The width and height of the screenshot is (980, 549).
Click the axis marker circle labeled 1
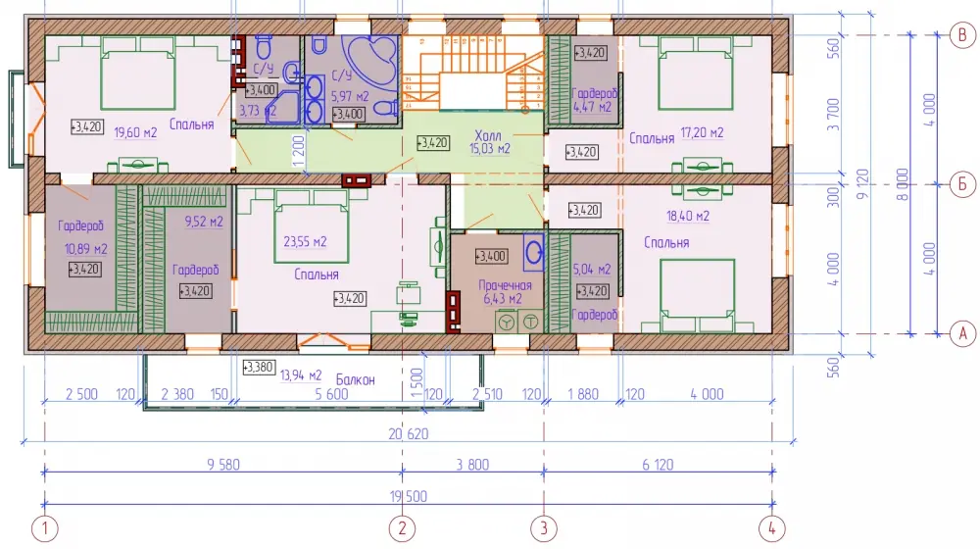click(x=44, y=528)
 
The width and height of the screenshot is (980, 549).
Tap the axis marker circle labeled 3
click(x=543, y=528)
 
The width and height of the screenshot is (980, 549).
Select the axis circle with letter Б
click(x=962, y=184)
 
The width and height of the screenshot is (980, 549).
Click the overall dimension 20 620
click(x=408, y=433)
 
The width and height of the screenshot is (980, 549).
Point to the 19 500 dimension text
click(x=408, y=496)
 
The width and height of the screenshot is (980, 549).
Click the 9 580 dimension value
click(x=223, y=464)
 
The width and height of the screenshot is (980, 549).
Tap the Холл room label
click(x=487, y=135)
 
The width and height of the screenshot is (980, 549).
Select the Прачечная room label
click(x=505, y=285)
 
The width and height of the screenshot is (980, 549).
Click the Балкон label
click(x=355, y=379)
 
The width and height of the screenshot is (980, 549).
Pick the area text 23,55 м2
click(x=305, y=241)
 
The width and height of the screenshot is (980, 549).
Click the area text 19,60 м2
click(x=135, y=132)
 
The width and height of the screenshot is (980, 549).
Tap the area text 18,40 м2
click(x=688, y=217)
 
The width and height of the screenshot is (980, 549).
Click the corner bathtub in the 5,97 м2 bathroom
click(x=370, y=62)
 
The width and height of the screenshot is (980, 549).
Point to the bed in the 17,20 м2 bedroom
click(x=695, y=73)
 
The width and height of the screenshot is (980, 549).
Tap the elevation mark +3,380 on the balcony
click(x=258, y=367)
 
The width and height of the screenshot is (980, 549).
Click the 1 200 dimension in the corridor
click(x=298, y=151)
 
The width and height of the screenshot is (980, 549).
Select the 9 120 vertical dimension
click(x=863, y=184)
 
